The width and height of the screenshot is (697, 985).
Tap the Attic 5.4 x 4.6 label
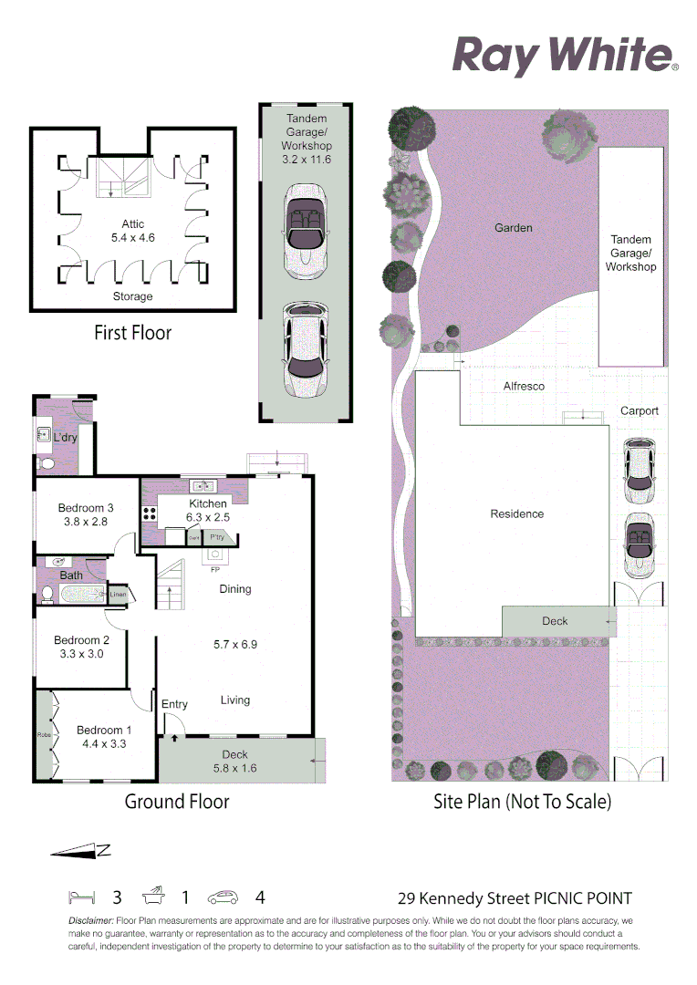(x=133, y=231)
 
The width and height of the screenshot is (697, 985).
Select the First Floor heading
(x=132, y=333)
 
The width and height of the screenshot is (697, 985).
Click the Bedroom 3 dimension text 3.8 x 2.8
(x=86, y=523)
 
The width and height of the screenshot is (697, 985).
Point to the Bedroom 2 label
(x=81, y=639)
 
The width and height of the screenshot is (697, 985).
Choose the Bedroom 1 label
(x=104, y=730)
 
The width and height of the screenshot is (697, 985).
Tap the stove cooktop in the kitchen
(x=149, y=513)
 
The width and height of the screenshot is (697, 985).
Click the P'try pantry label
(x=217, y=538)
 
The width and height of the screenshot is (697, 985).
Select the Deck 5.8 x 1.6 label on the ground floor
(x=234, y=761)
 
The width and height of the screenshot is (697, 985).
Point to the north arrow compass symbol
(x=80, y=851)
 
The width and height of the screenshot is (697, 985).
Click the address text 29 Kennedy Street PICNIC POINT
(x=515, y=898)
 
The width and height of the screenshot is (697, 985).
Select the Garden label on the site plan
(x=513, y=227)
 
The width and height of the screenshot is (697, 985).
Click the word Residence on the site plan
(x=516, y=513)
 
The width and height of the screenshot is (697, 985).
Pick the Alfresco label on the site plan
(x=524, y=386)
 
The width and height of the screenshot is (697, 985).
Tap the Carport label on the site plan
(x=639, y=410)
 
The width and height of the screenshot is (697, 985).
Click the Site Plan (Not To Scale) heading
(x=522, y=802)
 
